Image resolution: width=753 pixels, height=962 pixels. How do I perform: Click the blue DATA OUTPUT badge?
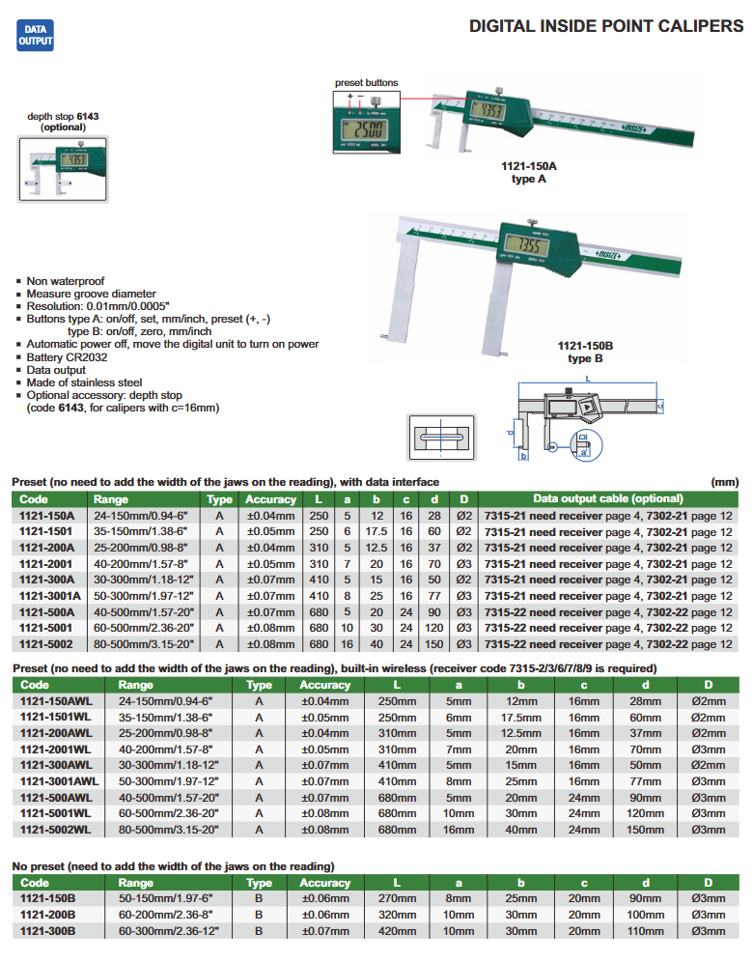pos(36,37)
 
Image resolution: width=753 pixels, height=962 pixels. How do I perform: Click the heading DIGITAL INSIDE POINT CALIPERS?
pos(605,26)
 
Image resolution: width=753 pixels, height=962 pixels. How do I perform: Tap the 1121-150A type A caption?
pos(528,173)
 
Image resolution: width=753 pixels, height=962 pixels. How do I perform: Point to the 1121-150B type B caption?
pos(586,352)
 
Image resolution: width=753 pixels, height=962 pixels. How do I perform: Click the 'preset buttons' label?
pos(366,83)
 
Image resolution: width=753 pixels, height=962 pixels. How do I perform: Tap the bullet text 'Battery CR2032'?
pos(70,356)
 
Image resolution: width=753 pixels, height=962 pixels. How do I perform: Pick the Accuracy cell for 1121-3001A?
pos(269,596)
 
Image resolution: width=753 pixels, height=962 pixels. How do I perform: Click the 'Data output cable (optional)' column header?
pos(607,499)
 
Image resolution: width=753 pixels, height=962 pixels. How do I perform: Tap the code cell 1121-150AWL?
pos(57,701)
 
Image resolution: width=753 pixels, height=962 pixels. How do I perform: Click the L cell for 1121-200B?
pos(398,916)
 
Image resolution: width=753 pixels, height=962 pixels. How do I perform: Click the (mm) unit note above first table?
pos(723,482)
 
